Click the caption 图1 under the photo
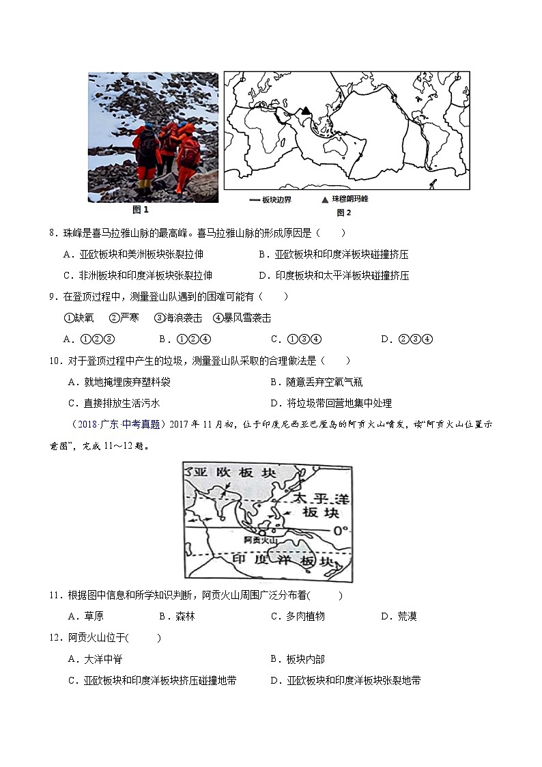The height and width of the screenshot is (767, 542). (141, 210)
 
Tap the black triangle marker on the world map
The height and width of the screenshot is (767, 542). (306, 111)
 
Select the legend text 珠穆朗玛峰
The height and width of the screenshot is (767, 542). (350, 199)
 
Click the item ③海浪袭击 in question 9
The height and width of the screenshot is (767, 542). (178, 318)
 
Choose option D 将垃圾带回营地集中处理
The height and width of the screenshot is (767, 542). (331, 403)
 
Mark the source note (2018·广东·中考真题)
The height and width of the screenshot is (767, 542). (117, 424)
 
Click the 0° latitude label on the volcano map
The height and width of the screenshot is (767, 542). (339, 530)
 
